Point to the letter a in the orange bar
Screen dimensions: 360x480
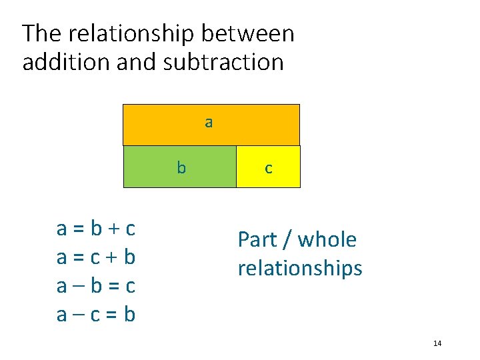(209, 123)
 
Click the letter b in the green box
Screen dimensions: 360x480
(181, 167)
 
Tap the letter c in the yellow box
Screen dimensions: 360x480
(268, 169)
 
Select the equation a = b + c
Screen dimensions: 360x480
(96, 229)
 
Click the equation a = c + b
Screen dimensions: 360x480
(96, 257)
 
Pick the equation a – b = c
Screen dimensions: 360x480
(96, 285)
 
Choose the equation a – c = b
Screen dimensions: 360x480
(96, 313)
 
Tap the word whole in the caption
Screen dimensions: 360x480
(327, 239)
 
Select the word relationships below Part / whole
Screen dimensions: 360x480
(300, 268)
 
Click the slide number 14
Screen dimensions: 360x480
(437, 343)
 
